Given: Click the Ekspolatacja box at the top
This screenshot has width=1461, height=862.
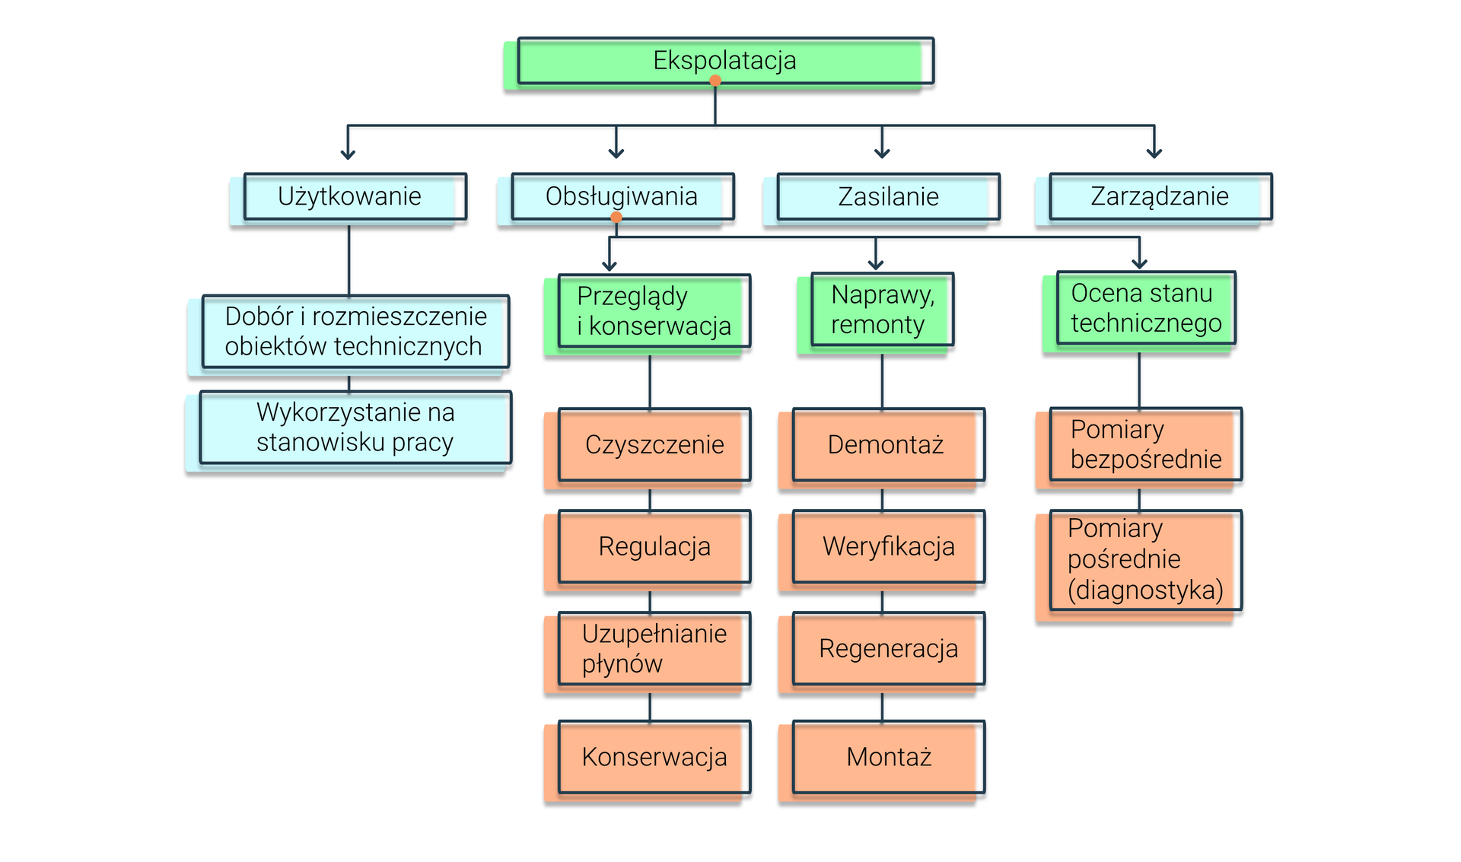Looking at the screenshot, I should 724,61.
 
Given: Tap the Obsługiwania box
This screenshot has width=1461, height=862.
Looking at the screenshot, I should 622,197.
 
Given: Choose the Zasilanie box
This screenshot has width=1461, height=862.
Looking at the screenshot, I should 887,197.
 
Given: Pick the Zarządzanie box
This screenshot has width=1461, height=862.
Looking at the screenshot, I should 1159,197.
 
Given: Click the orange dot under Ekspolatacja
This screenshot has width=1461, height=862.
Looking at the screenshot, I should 715,81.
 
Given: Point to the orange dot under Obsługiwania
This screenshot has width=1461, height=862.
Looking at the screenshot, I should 616,218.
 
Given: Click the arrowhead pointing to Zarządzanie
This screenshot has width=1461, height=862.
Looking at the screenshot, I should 1154,153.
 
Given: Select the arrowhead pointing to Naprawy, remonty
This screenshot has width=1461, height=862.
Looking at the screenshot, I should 876,264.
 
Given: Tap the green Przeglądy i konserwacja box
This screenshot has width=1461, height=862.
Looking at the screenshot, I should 654,311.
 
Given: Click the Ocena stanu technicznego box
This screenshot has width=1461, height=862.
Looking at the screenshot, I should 1145,308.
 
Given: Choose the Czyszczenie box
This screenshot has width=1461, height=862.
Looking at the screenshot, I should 654,444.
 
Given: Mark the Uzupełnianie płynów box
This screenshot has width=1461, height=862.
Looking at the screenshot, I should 654,649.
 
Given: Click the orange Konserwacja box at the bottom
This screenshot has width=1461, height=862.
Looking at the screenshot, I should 654,757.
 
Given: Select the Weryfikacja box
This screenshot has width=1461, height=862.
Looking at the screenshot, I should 888,547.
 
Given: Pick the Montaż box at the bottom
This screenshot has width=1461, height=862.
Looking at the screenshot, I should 888,757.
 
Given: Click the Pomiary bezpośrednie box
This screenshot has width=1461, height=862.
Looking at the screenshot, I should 1145,444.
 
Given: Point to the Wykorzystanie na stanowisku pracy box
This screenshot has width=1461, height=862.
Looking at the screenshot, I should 355,428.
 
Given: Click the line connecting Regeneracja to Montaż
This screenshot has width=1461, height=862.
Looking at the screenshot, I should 882,706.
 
